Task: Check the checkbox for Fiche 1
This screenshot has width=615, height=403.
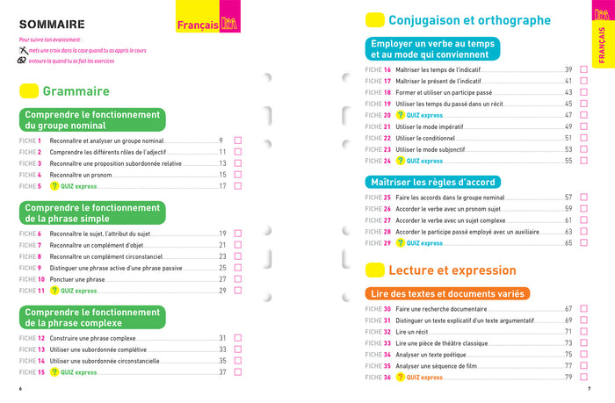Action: pos(237,140)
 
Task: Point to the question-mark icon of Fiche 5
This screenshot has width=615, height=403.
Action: pos(54,186)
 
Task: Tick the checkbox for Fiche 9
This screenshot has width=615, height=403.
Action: pos(237,268)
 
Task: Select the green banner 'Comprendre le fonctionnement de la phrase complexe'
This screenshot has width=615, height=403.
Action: pos(92,318)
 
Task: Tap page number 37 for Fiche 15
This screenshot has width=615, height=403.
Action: pos(223,372)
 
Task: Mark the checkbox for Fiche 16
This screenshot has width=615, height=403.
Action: pos(582,69)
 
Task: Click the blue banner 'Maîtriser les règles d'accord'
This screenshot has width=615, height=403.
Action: pos(434,182)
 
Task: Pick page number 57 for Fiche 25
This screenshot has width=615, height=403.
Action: pos(568,198)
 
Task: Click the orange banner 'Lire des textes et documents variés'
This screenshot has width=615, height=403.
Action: pos(447,294)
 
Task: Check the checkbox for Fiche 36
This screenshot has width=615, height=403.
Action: pos(582,377)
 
